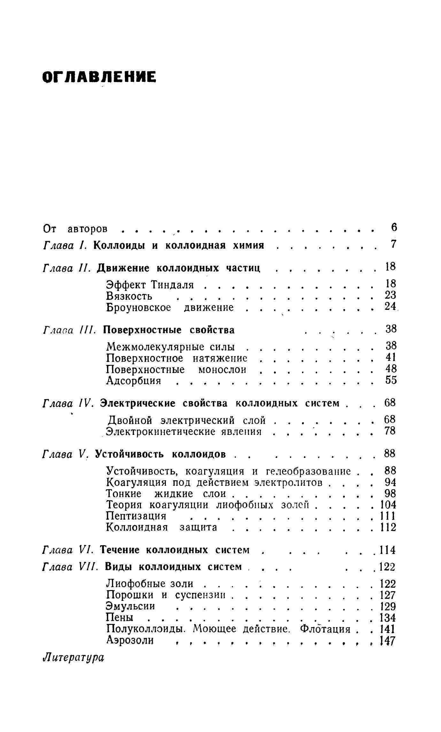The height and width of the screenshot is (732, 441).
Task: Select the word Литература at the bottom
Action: [73, 658]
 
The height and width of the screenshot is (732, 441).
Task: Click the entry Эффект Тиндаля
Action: [150, 284]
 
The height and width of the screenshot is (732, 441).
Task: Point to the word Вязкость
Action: [129, 296]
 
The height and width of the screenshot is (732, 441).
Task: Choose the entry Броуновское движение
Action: [170, 308]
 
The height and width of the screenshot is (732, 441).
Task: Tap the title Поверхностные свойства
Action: [169, 330]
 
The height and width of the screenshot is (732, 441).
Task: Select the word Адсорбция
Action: [134, 381]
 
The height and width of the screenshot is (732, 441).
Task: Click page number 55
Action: [391, 380]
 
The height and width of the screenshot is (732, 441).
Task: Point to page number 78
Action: [390, 431]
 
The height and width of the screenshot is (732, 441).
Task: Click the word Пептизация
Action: [136, 516]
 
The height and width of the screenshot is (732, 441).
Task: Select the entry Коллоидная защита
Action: [161, 527]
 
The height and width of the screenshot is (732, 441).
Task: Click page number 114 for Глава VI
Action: [387, 550]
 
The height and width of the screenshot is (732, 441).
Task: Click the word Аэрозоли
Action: [130, 640]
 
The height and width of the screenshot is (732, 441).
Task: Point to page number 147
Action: [387, 641]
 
